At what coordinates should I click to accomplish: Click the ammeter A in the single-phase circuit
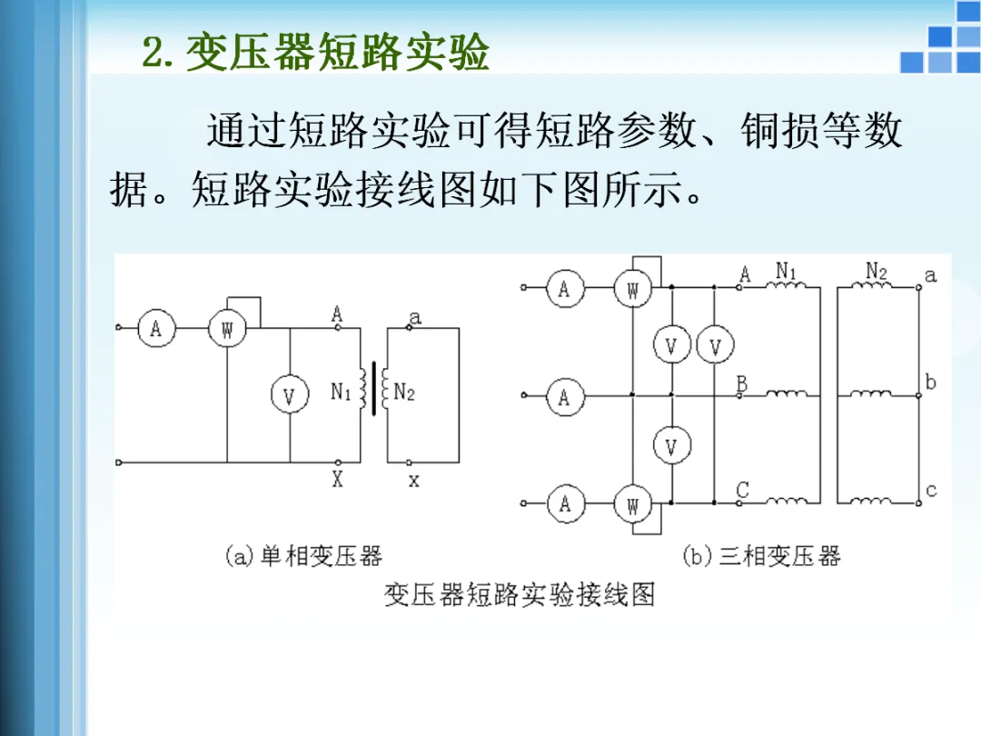(x=155, y=330)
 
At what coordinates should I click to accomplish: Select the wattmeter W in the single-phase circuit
(x=227, y=330)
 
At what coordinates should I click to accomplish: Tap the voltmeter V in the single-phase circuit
(x=289, y=395)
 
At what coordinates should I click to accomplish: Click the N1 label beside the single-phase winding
(x=341, y=393)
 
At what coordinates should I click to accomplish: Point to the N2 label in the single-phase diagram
(x=403, y=393)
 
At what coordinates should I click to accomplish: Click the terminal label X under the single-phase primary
(x=337, y=480)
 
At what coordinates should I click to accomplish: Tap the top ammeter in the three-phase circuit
(x=564, y=290)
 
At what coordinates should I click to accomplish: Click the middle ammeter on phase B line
(x=564, y=397)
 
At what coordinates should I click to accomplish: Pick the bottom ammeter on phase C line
(x=564, y=502)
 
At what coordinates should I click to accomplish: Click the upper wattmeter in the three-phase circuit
(x=632, y=291)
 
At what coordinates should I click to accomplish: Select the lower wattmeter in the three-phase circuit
(x=632, y=504)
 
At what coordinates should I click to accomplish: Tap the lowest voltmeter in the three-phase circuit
(x=671, y=446)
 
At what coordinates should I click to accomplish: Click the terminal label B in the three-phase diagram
(x=742, y=384)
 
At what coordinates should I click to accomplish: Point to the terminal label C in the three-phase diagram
(x=742, y=491)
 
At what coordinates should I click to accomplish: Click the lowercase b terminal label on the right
(x=930, y=382)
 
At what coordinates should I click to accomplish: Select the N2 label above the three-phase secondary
(x=876, y=271)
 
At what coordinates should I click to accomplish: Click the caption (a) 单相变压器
(x=303, y=556)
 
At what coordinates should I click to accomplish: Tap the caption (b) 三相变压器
(x=761, y=556)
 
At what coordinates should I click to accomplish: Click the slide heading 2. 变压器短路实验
(x=316, y=54)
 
